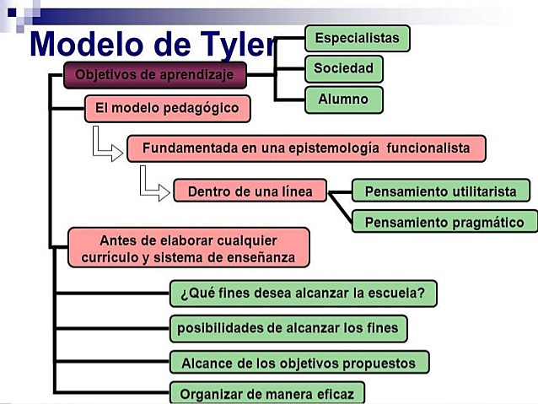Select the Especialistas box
(x=357, y=39)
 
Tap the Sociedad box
(x=343, y=68)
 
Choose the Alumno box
(x=343, y=100)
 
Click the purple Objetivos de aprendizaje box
(x=155, y=75)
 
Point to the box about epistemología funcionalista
(x=305, y=148)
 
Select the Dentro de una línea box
(x=250, y=191)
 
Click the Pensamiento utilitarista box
(x=440, y=191)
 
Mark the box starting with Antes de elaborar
(x=188, y=249)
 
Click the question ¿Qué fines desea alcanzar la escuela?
(x=303, y=294)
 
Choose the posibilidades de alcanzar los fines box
(x=288, y=327)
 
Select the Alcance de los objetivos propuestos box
(x=299, y=363)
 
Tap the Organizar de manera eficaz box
(x=267, y=393)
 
